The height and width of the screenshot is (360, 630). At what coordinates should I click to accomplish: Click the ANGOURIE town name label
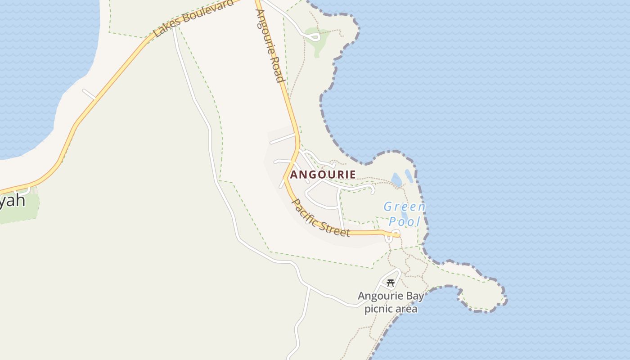[323, 175]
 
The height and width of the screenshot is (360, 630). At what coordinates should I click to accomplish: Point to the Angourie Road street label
[270, 45]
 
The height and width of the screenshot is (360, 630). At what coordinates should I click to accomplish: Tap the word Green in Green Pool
[404, 207]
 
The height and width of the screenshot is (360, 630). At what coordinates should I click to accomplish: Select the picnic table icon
[390, 283]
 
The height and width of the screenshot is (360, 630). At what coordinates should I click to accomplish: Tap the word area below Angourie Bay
[407, 309]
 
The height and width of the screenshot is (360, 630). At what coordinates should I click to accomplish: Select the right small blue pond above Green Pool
[409, 176]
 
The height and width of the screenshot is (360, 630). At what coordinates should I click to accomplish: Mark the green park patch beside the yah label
[20, 211]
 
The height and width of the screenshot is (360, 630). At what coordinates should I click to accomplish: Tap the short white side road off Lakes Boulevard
[89, 94]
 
